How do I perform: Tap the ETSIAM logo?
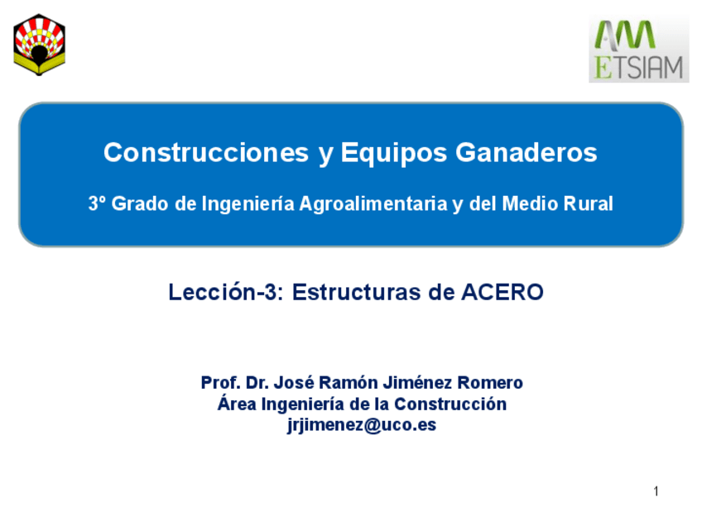click(638, 49)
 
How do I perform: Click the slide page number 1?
click(656, 492)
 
